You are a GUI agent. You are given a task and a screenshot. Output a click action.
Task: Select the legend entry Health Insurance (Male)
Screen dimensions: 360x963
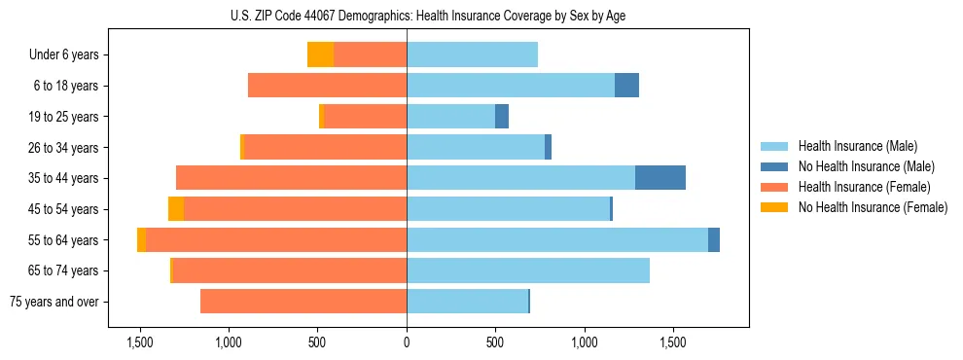857,146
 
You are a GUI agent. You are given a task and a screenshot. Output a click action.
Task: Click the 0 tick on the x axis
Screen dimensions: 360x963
407,342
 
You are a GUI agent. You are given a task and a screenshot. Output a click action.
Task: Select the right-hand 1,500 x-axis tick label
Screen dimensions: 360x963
673,342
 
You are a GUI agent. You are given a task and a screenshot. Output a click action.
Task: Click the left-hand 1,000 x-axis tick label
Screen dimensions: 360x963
229,342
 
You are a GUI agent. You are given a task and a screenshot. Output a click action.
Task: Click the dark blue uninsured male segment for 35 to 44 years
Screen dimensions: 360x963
660,178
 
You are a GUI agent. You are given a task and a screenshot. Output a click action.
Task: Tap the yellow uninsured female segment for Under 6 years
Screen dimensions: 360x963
320,55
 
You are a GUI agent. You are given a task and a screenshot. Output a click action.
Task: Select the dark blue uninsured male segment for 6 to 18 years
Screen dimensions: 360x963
626,86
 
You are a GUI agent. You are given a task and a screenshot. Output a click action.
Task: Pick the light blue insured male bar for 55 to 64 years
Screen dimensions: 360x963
557,240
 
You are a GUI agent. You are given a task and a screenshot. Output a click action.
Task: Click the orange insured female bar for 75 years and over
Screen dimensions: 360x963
303,302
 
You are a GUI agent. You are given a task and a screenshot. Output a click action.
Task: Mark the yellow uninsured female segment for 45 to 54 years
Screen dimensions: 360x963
176,209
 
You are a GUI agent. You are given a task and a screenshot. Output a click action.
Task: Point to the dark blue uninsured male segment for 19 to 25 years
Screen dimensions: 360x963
502,117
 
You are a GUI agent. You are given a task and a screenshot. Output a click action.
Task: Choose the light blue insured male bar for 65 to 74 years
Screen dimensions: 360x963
528,270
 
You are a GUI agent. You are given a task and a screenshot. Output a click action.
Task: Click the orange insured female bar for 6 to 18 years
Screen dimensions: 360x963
327,86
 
